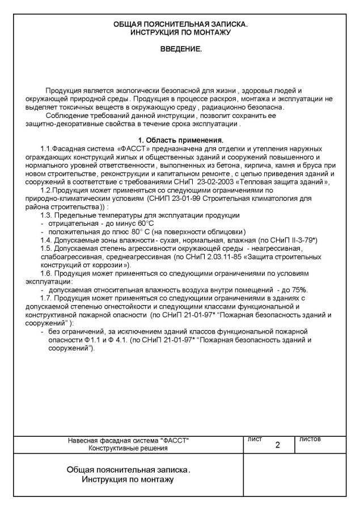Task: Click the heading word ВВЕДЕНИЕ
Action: tap(181, 50)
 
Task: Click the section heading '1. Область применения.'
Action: tap(181, 140)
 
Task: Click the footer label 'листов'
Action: tap(310, 439)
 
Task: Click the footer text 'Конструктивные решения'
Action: tap(128, 448)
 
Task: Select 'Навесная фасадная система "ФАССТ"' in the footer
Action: tap(128, 440)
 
